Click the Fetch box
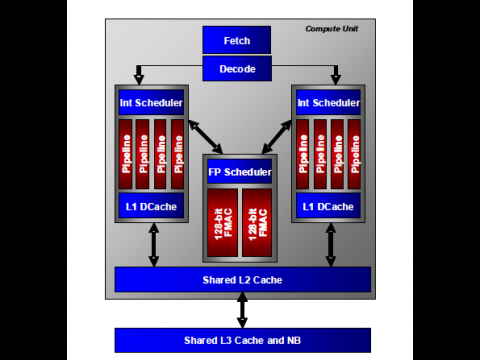tap(238, 40)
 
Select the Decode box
tap(238, 68)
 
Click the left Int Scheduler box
tap(151, 101)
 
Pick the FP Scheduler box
tap(239, 172)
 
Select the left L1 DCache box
tap(151, 206)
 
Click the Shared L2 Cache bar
tap(242, 279)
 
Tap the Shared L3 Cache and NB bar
tap(242, 340)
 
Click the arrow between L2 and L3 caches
tap(242, 310)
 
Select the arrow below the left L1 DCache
tap(153, 244)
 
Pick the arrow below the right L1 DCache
tap(330, 244)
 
